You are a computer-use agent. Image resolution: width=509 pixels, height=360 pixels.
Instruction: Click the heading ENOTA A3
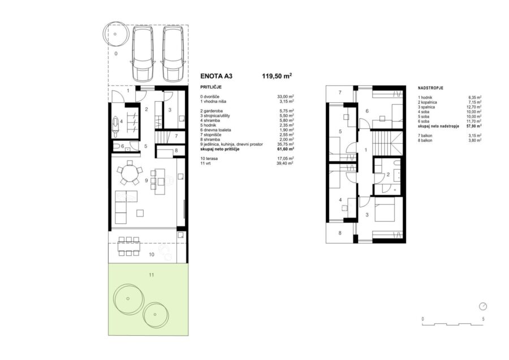tap(217, 76)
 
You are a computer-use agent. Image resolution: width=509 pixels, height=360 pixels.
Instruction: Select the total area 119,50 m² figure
tap(277, 76)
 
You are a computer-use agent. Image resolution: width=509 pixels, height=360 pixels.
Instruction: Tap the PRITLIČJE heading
tap(211, 88)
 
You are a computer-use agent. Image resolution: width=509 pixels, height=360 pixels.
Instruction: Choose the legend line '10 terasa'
tap(209, 159)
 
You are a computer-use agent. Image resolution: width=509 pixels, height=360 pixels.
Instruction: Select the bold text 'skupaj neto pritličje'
tap(220, 149)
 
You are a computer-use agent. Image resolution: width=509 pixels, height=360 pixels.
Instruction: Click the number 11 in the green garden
tap(151, 275)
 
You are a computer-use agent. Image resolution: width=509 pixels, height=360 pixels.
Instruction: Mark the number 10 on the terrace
tap(152, 254)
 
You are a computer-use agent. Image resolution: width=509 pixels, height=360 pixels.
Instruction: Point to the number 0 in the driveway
tap(116, 54)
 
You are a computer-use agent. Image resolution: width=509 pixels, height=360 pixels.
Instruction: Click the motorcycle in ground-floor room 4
tap(115, 125)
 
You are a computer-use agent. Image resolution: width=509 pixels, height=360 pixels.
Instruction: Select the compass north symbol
tap(483, 306)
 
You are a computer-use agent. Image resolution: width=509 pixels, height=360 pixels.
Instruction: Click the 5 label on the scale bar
tap(483, 319)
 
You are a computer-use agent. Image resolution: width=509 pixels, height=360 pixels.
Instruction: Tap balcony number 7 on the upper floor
tap(340, 93)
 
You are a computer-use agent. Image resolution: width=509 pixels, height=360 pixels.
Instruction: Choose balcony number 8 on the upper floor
tap(340, 233)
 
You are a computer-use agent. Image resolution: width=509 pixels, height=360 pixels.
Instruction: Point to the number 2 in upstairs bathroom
tap(388, 175)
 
